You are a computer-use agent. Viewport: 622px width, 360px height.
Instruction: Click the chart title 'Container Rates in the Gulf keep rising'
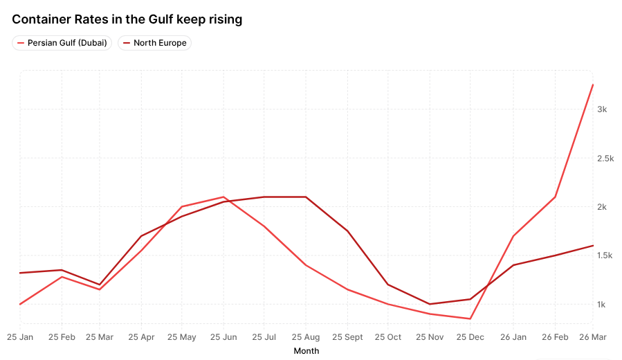coord(127,19)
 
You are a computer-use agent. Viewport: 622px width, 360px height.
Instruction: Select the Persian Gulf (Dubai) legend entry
coord(62,43)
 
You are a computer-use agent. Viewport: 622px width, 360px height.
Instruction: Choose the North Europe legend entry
coord(154,43)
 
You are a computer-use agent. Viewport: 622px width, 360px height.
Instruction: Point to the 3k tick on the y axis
coord(602,109)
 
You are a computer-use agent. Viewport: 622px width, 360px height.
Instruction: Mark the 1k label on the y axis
coord(602,305)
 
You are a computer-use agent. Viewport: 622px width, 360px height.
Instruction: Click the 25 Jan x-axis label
coord(20,337)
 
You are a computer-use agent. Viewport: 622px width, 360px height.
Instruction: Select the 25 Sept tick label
coord(347,337)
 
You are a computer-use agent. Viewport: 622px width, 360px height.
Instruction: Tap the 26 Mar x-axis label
coord(593,337)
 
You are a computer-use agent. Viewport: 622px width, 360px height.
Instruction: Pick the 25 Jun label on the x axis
coord(223,337)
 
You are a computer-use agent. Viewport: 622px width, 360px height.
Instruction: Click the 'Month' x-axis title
coord(307,351)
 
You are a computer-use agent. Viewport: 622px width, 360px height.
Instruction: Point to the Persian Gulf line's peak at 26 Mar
coord(593,85)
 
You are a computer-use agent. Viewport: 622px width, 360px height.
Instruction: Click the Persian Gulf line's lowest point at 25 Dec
coord(471,318)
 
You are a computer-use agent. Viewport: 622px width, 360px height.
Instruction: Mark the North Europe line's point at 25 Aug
coord(306,197)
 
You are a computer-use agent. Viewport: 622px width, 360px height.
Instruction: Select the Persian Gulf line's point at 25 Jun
coord(223,197)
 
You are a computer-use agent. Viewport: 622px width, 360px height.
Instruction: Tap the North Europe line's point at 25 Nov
coord(430,304)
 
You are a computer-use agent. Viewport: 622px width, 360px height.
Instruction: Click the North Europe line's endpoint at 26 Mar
coord(593,245)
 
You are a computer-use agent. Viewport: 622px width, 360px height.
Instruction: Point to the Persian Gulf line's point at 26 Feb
coord(555,197)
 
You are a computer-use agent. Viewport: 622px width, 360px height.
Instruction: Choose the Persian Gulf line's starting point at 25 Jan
coord(20,304)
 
